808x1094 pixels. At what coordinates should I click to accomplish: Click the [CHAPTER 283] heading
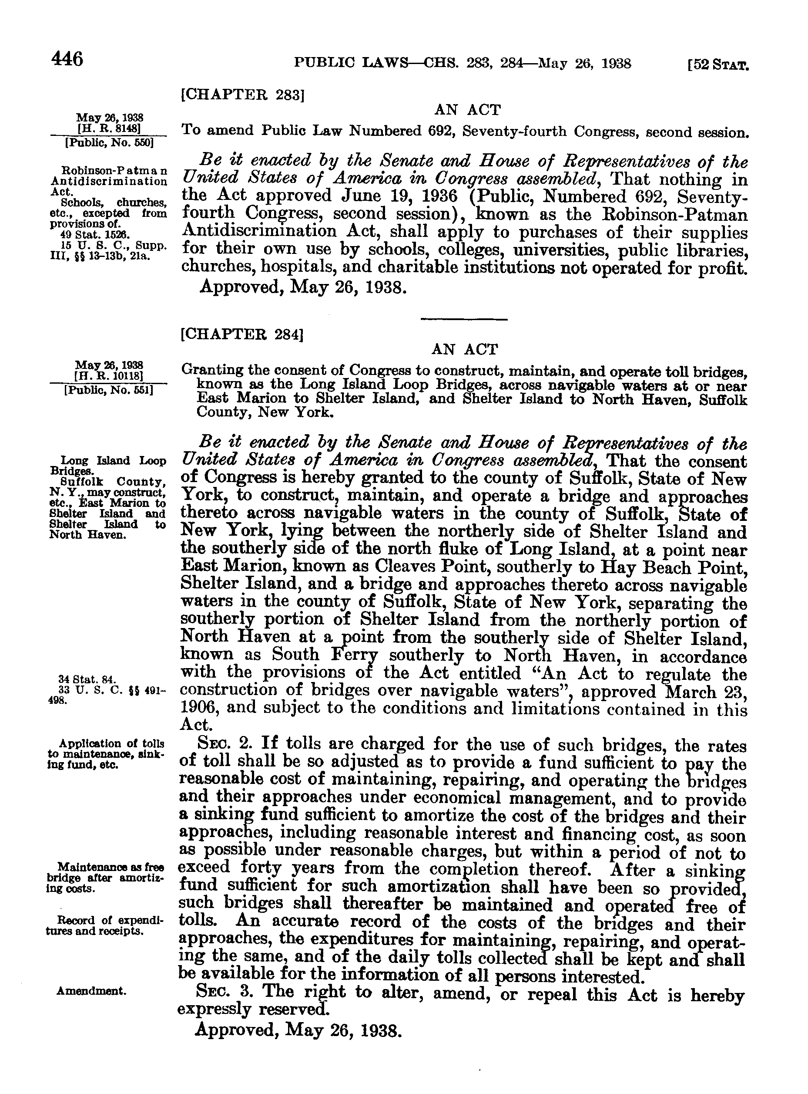pyautogui.click(x=243, y=94)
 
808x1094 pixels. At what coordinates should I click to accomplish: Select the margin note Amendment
pyautogui.click(x=91, y=991)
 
